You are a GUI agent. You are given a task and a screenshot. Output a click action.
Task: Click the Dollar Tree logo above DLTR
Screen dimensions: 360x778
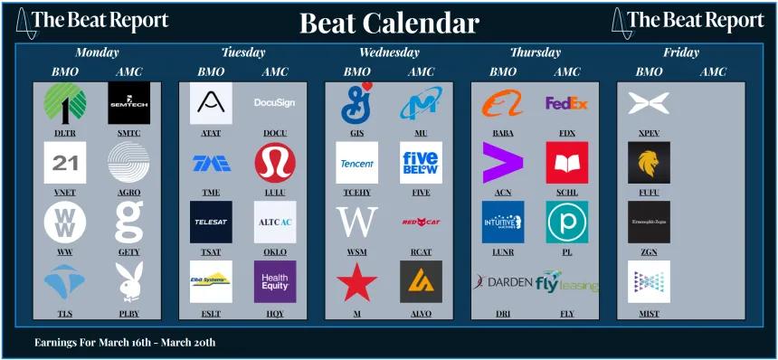pyautogui.click(x=65, y=103)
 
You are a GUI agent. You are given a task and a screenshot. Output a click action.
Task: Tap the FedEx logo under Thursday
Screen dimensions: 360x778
pyautogui.click(x=567, y=103)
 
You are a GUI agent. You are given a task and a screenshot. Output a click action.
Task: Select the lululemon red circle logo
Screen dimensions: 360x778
pyautogui.click(x=275, y=163)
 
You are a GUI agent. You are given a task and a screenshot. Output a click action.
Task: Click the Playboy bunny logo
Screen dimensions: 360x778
pyautogui.click(x=129, y=281)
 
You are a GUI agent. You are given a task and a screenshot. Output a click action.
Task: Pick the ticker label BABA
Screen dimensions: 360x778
pyautogui.click(x=503, y=133)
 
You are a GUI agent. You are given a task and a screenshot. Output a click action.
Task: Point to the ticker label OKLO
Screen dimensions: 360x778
pyautogui.click(x=275, y=253)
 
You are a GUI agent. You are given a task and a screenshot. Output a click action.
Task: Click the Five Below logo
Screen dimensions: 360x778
pyautogui.click(x=421, y=163)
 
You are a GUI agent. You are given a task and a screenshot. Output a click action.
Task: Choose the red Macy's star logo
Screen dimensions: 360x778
pyautogui.click(x=357, y=281)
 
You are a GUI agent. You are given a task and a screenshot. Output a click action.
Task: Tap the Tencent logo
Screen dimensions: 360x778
pyautogui.click(x=357, y=164)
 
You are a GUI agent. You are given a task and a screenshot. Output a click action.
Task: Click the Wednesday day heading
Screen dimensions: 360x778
pyautogui.click(x=389, y=52)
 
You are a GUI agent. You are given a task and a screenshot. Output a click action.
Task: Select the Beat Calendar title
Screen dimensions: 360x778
pyautogui.click(x=388, y=23)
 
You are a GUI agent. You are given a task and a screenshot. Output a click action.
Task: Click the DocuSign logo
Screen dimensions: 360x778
pyautogui.click(x=275, y=103)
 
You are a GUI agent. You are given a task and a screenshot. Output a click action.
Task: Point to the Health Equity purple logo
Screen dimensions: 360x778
pyautogui.click(x=275, y=281)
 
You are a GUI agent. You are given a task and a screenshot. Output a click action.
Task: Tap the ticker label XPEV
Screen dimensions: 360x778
pyautogui.click(x=649, y=133)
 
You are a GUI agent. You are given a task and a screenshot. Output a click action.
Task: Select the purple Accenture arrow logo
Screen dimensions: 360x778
pyautogui.click(x=503, y=163)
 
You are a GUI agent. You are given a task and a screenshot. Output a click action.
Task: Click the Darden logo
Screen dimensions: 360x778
pyautogui.click(x=503, y=281)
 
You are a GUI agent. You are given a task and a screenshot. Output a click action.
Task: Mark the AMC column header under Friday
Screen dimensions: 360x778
pyautogui.click(x=713, y=71)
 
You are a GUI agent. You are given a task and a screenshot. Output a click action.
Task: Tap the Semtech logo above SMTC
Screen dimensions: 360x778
pyautogui.click(x=129, y=103)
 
